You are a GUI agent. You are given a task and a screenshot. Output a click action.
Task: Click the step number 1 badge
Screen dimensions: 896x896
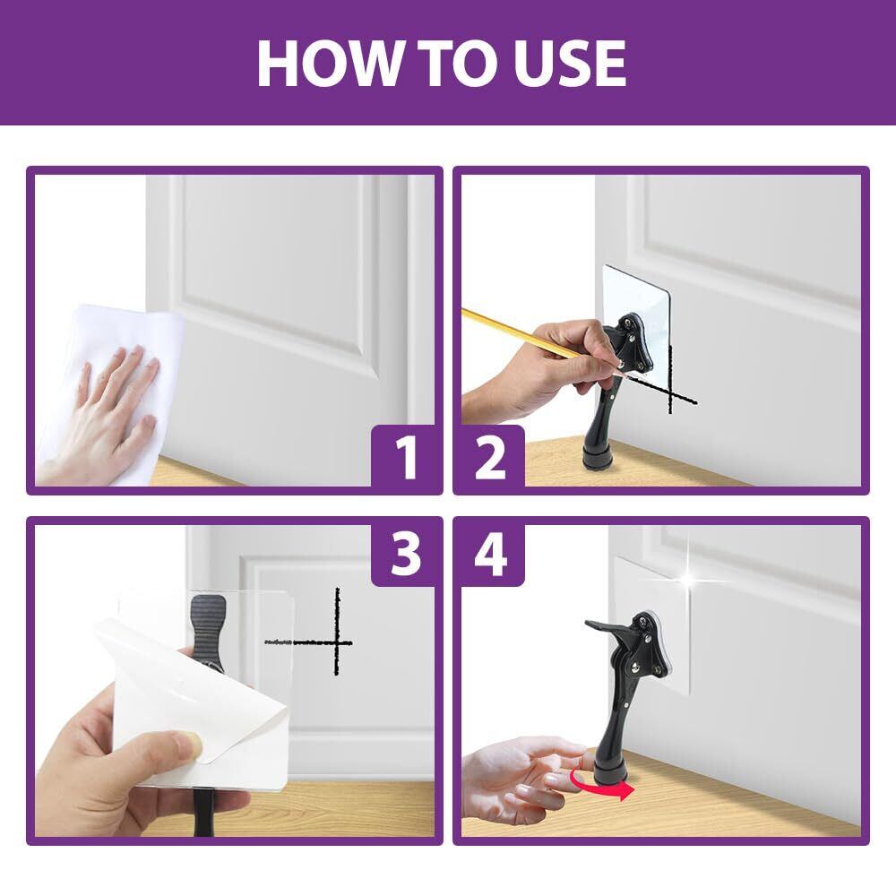click(406, 457)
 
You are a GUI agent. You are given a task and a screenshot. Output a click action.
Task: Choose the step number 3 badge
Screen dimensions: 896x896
click(406, 553)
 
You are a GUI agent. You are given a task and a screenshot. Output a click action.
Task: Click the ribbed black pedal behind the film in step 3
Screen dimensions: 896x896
click(209, 629)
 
